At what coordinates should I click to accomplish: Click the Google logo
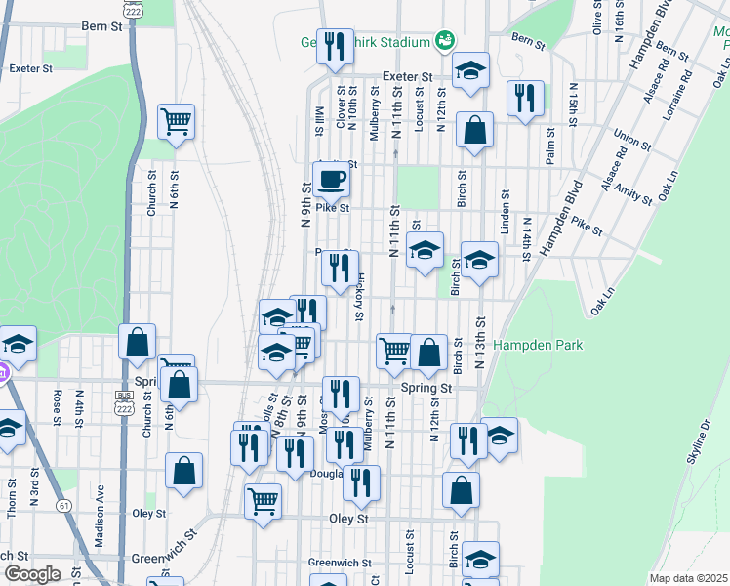click(x=31, y=574)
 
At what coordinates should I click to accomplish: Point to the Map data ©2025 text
click(x=688, y=578)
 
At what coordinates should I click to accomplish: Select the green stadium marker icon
click(x=446, y=39)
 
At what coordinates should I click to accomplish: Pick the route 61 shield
click(x=64, y=505)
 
